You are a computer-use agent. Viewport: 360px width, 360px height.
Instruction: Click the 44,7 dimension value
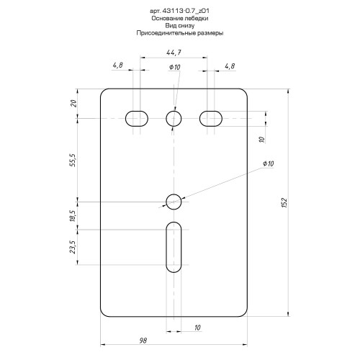(x=174, y=53)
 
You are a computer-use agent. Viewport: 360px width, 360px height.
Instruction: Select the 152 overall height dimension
(x=284, y=203)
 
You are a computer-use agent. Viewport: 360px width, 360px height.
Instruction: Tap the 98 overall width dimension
(x=143, y=341)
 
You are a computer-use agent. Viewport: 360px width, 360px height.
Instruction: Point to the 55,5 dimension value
(x=73, y=160)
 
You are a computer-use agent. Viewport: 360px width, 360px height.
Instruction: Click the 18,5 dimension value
(x=73, y=216)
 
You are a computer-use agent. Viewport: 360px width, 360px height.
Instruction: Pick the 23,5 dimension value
(x=73, y=247)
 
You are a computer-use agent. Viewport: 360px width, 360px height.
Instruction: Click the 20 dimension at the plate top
(x=73, y=104)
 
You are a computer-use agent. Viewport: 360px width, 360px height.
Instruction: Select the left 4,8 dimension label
(x=118, y=65)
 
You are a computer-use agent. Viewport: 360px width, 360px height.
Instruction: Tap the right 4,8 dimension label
(x=230, y=66)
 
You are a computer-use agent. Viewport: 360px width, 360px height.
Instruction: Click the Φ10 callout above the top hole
(x=175, y=67)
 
